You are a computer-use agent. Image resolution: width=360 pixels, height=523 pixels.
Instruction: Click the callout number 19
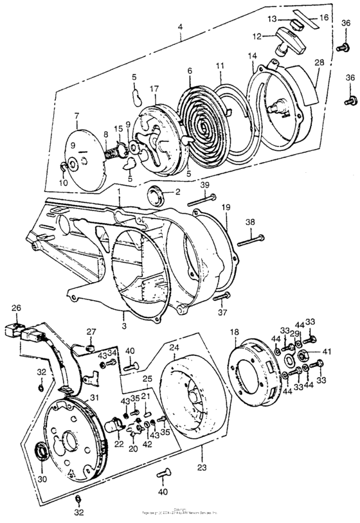click(x=226, y=208)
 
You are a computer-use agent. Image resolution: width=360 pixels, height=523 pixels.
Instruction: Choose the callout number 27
click(x=90, y=332)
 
